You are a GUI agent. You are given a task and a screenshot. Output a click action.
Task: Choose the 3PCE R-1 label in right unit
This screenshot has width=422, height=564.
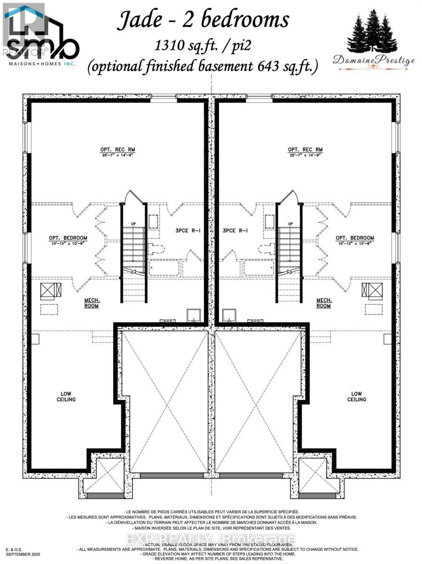click(x=236, y=231)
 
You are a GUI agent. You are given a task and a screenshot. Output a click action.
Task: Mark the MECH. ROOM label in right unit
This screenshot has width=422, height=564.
click(x=324, y=303)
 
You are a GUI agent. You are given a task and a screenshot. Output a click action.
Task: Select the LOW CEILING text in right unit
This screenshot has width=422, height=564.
click(x=357, y=396)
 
